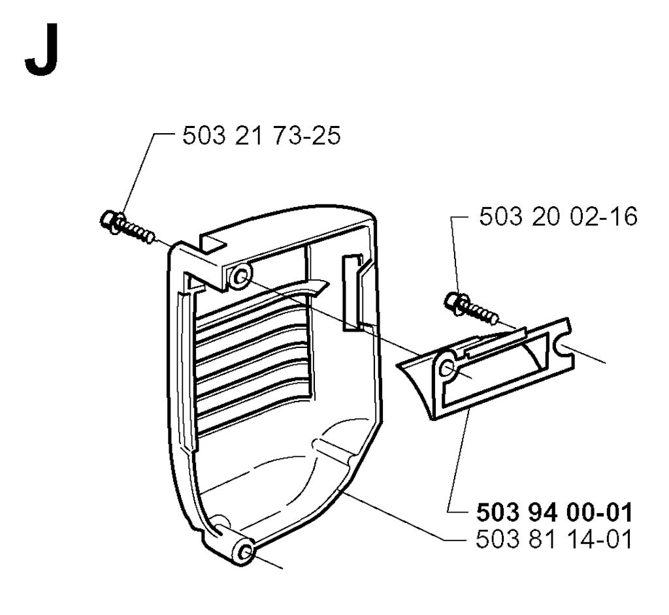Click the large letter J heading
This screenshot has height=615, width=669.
click(x=41, y=50)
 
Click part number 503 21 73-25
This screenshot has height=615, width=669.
click(x=261, y=136)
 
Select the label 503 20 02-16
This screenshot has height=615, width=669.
click(x=558, y=217)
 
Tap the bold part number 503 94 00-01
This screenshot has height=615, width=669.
click(x=554, y=512)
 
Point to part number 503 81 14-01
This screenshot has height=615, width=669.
click(x=554, y=539)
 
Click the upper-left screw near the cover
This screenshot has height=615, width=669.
click(x=127, y=227)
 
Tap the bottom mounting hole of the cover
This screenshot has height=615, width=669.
click(x=246, y=552)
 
